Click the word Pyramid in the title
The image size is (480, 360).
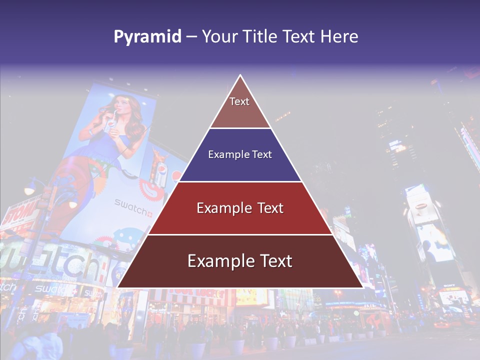coord(147,37)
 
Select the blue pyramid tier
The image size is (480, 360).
coord(240,155)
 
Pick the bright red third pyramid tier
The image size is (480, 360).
coord(240,208)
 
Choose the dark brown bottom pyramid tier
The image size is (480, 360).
coord(240,261)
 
